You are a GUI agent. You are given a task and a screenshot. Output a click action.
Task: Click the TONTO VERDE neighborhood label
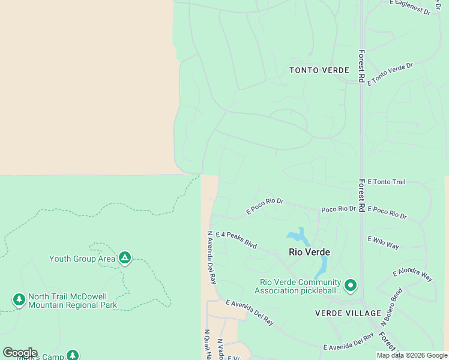point(319,70)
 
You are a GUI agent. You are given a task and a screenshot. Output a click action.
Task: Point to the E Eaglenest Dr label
point(411,7)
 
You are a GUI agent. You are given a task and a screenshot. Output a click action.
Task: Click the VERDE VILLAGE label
point(348,313)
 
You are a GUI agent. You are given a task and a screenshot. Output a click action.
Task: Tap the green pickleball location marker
point(350,284)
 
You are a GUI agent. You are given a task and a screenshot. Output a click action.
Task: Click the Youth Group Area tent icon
point(124,259)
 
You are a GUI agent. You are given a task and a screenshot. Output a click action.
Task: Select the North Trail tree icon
point(19,299)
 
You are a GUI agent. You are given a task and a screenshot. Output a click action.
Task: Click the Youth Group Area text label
point(82,259)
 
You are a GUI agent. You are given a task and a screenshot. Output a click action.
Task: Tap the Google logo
point(20,353)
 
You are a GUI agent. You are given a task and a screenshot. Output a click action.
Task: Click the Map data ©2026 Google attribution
point(412,355)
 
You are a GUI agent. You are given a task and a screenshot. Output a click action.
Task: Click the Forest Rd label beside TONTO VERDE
point(361,65)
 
